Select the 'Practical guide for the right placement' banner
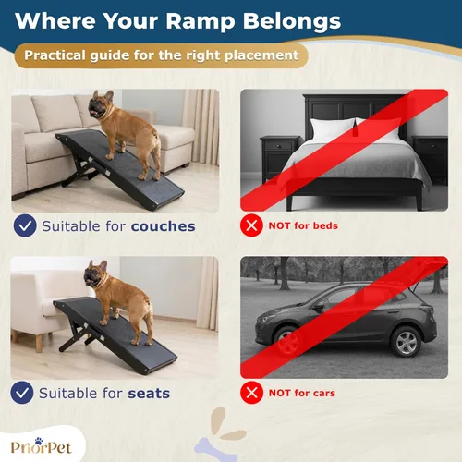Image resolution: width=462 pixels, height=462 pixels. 162,55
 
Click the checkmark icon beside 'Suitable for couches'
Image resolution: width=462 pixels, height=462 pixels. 24,225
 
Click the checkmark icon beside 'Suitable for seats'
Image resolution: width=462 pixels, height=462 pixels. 24,393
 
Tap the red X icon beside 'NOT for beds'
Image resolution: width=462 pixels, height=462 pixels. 249,225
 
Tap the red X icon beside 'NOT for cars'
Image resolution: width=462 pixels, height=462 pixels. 249,393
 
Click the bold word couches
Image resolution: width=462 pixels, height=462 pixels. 163,225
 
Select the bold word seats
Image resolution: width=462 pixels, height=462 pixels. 149,393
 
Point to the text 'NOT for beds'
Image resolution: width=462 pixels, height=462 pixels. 304,225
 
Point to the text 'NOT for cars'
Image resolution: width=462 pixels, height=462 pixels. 302,393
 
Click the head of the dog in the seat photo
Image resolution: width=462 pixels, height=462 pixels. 94,275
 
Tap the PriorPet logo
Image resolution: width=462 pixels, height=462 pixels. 43,444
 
